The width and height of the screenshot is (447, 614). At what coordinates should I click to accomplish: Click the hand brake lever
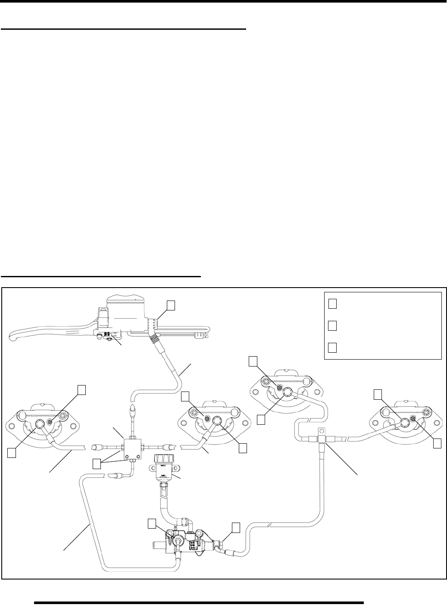click(43, 334)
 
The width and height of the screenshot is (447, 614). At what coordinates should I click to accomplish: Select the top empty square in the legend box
click(332, 304)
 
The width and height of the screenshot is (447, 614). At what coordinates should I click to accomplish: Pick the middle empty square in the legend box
click(332, 325)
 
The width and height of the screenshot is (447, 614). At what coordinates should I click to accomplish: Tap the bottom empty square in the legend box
click(332, 348)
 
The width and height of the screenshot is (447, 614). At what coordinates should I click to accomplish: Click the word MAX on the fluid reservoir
click(163, 465)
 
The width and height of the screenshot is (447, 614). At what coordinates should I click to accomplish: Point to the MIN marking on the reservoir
click(163, 475)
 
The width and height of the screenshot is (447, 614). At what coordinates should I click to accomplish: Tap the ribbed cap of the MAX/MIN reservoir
click(163, 457)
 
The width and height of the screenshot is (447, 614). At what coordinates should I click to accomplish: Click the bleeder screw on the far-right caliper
click(414, 419)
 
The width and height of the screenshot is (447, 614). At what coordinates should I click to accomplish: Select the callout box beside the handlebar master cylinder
click(171, 305)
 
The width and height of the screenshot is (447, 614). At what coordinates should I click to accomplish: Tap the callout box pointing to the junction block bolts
click(98, 464)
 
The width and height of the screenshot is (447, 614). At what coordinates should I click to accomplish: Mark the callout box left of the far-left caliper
click(12, 452)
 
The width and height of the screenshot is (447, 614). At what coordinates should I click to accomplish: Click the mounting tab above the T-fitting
click(322, 430)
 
